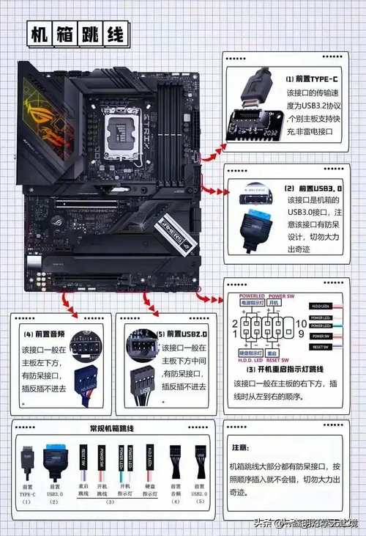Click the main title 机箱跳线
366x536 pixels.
pyautogui.click(x=77, y=34)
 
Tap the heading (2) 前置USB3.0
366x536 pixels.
pyautogui.click(x=313, y=188)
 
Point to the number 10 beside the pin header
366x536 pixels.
pyautogui.click(x=301, y=323)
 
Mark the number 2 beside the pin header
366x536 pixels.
pyautogui.click(x=235, y=323)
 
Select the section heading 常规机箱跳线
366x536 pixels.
pyautogui.click(x=113, y=427)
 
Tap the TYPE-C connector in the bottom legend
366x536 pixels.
pyautogui.click(x=27, y=458)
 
